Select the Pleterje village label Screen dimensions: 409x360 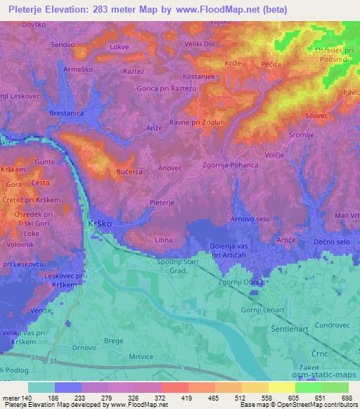[162, 202]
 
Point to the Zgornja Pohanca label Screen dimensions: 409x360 [231, 165]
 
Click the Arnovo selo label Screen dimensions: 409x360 [251, 219]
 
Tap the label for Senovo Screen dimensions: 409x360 [63, 45]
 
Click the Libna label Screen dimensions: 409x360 [163, 240]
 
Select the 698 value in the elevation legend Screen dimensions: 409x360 [345, 398]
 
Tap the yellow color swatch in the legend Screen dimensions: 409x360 [281, 387]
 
